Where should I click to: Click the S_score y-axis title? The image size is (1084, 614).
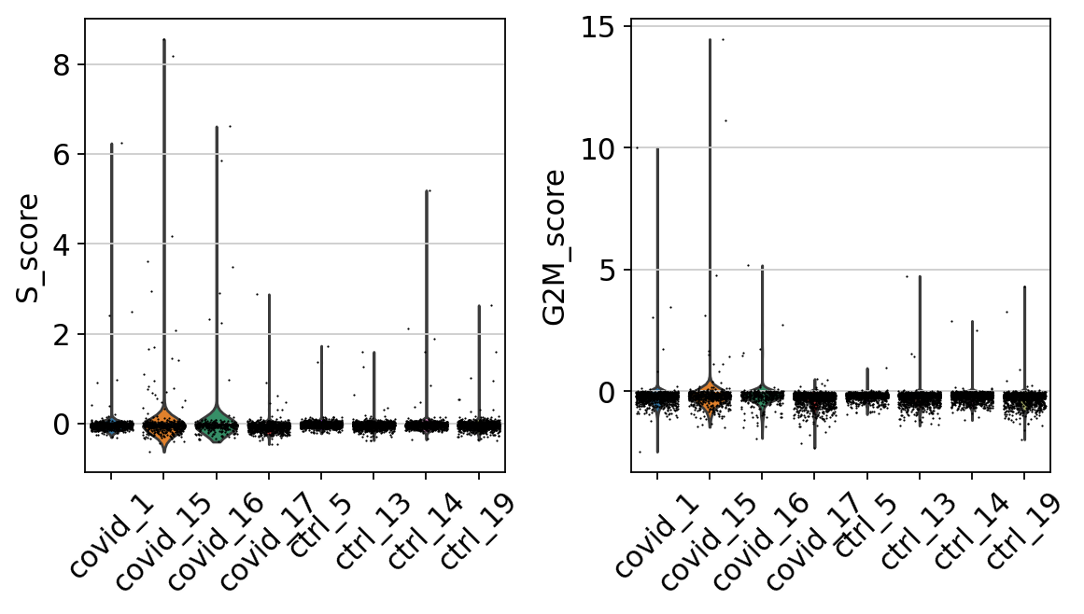(x=27, y=247)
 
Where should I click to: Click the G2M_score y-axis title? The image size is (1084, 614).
(x=554, y=247)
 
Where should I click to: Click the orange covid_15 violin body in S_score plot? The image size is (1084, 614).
(x=163, y=425)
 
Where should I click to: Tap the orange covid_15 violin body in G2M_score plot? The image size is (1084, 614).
(x=710, y=396)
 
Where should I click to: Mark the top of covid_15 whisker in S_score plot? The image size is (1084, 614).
(x=164, y=39)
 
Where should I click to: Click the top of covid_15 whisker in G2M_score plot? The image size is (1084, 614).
(x=710, y=39)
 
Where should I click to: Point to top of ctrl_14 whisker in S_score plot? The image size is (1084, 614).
(x=427, y=190)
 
